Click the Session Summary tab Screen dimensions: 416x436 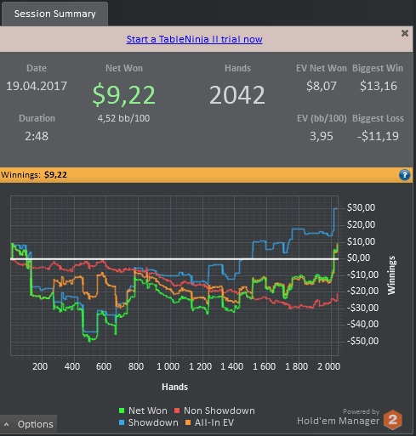tap(54, 14)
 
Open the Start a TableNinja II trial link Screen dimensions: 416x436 tap(194, 39)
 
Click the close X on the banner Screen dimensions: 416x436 tap(405, 33)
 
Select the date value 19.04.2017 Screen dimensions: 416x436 tap(37, 86)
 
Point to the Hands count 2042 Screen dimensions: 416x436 tap(237, 95)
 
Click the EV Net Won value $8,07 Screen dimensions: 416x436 tap(322, 86)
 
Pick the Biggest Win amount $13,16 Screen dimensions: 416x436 tap(379, 86)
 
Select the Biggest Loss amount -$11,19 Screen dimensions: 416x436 tap(378, 136)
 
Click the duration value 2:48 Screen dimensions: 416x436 tap(37, 136)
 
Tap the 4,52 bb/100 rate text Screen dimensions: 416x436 tap(123, 118)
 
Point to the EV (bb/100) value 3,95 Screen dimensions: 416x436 tap(322, 136)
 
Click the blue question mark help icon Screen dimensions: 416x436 tap(404, 175)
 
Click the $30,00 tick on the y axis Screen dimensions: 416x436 tap(361, 207)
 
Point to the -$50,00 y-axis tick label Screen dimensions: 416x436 tap(362, 341)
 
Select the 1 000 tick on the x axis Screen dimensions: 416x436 tap(168, 366)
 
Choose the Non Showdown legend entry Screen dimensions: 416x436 tap(214, 411)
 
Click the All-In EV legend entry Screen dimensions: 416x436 tap(209, 422)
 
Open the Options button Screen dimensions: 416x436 tap(29, 424)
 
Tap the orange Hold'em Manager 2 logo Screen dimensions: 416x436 tap(393, 420)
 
